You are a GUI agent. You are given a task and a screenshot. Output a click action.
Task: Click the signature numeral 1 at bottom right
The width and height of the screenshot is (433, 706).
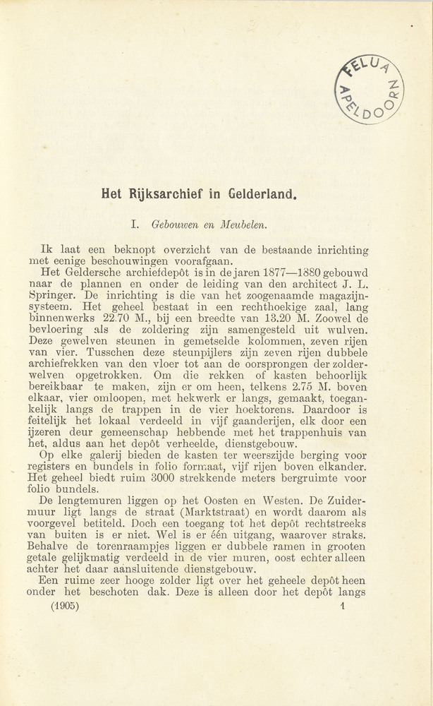click(341, 606)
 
